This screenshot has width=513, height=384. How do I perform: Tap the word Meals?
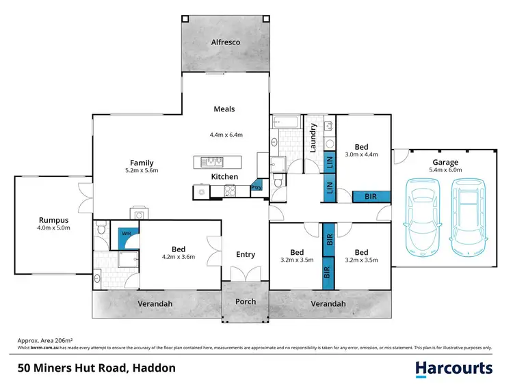[x=224, y=109]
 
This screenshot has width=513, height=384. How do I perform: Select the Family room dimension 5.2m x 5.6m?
[x=142, y=171]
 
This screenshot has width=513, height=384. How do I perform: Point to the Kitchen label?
[x=224, y=177]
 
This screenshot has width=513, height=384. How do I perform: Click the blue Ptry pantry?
[x=256, y=186]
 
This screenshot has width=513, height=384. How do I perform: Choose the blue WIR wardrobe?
[x=127, y=234]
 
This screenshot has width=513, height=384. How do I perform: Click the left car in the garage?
[x=421, y=212]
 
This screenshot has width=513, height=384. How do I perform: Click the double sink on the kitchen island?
[x=213, y=162]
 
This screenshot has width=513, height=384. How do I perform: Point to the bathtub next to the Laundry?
[x=286, y=122]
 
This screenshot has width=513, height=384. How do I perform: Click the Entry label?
[x=246, y=255]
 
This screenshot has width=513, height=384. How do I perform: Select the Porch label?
[x=246, y=301]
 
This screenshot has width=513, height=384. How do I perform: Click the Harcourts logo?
[x=454, y=368]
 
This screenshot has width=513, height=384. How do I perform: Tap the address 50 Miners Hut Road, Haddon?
[x=96, y=368]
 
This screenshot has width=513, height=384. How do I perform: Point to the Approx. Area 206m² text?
[x=44, y=340]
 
